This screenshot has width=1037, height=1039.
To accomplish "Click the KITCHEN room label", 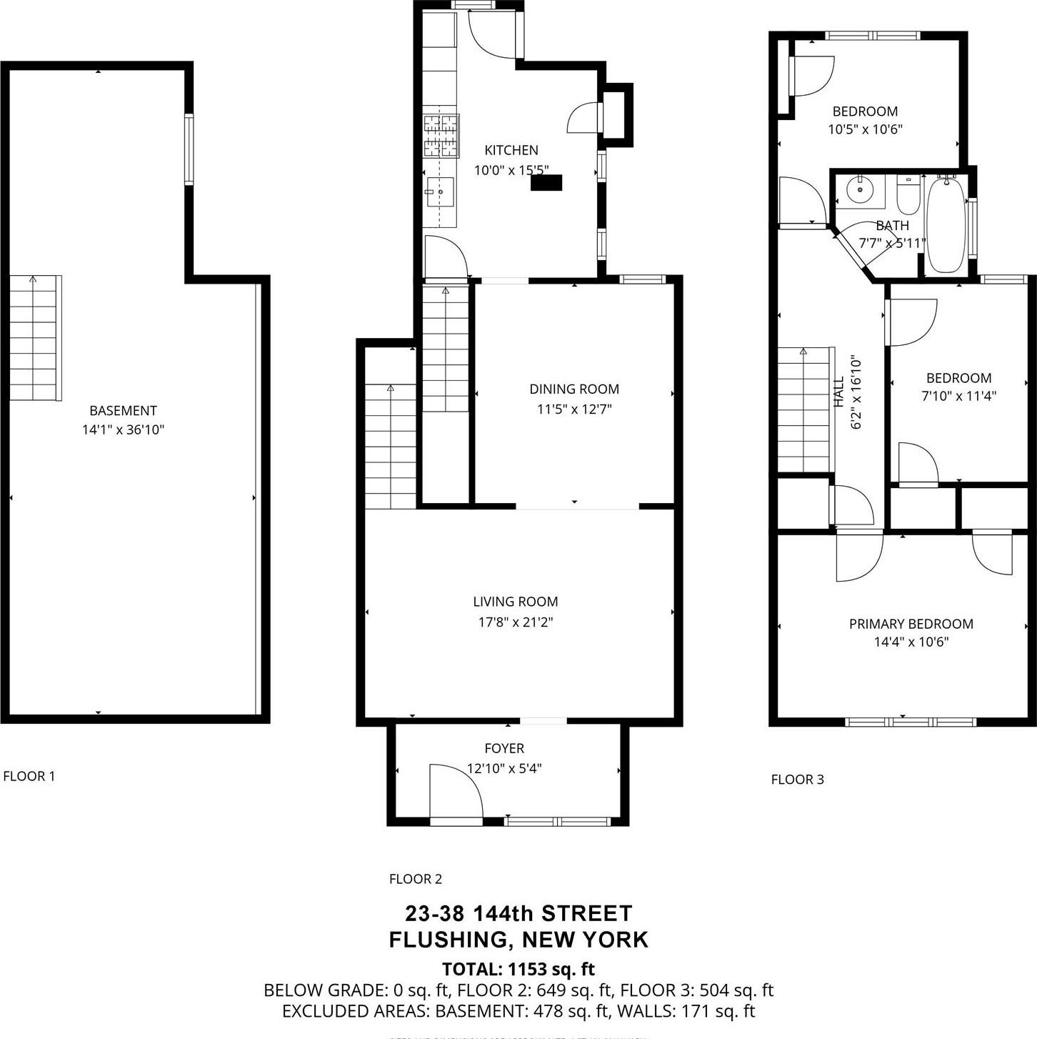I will click(511, 150).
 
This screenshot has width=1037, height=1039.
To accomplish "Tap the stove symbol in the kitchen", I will click(440, 136).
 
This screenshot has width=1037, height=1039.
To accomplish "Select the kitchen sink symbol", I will click(439, 192).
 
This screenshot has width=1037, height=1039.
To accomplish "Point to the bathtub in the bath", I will click(946, 225).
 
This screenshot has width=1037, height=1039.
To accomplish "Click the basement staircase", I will click(34, 338).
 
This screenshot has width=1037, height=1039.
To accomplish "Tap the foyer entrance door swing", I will click(456, 791).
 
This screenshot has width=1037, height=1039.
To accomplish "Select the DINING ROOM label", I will click(574, 389).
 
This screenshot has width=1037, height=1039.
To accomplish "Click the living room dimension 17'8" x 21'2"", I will click(516, 622).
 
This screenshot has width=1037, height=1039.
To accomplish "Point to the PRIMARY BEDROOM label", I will click(911, 624).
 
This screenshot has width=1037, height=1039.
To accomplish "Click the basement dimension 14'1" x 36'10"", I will click(123, 429).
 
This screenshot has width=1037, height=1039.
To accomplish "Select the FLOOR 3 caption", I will click(797, 780).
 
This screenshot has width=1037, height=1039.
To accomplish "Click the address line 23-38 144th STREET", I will click(518, 913).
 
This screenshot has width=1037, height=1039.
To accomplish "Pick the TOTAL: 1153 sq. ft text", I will click(518, 969).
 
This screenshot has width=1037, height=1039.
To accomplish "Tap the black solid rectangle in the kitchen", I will click(546, 183).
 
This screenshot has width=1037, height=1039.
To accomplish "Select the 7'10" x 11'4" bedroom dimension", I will click(958, 396).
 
